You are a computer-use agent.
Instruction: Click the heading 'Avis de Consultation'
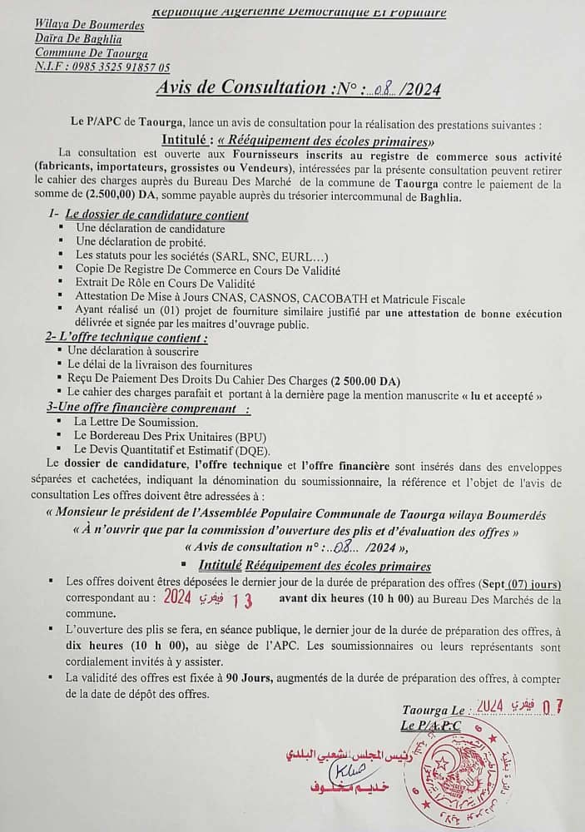click(x=240, y=87)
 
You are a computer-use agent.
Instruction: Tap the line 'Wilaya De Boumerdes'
click(x=90, y=26)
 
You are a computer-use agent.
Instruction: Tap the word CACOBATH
click(x=381, y=299)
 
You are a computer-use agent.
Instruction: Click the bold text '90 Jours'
click(x=217, y=679)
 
